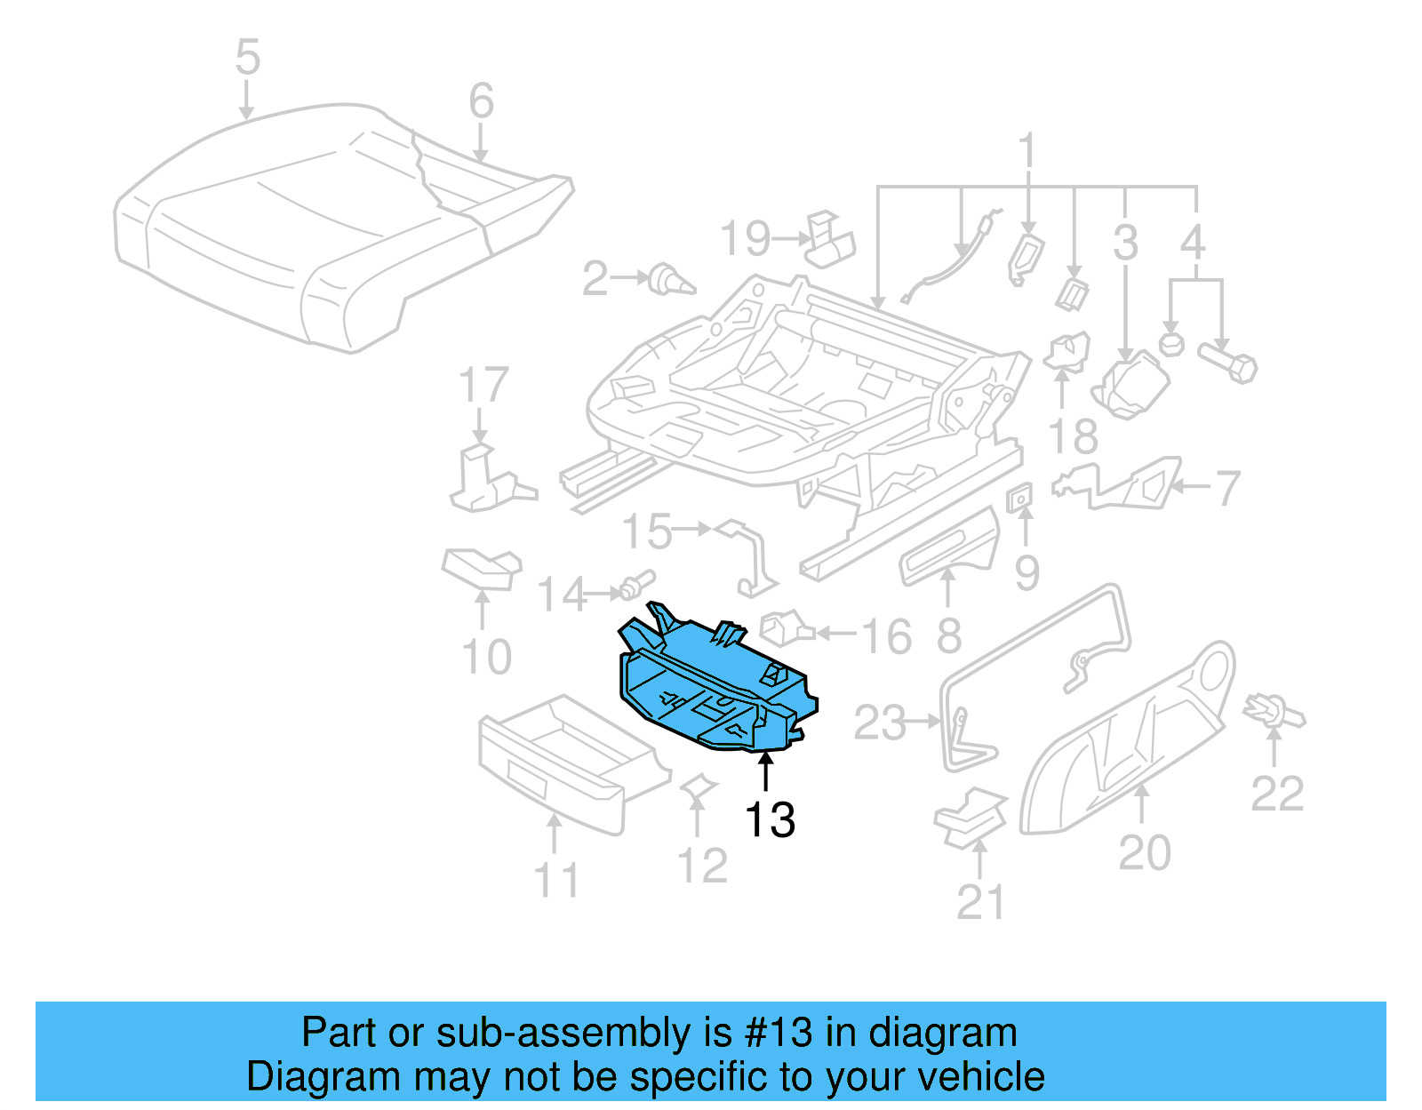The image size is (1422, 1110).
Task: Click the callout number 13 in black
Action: point(770,819)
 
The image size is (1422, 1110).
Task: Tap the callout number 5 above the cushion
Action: point(247,58)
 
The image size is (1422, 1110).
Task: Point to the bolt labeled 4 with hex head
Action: point(1229,363)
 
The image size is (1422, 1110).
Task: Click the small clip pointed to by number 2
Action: point(671,280)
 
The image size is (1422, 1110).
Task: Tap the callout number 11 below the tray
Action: point(556,881)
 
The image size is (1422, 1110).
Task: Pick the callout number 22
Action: point(1277,794)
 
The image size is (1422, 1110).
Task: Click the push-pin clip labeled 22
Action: point(1274,710)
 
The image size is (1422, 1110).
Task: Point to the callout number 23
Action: point(879,723)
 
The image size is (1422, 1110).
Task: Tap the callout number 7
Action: point(1227,488)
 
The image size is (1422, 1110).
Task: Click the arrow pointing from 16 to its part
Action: point(836,634)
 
